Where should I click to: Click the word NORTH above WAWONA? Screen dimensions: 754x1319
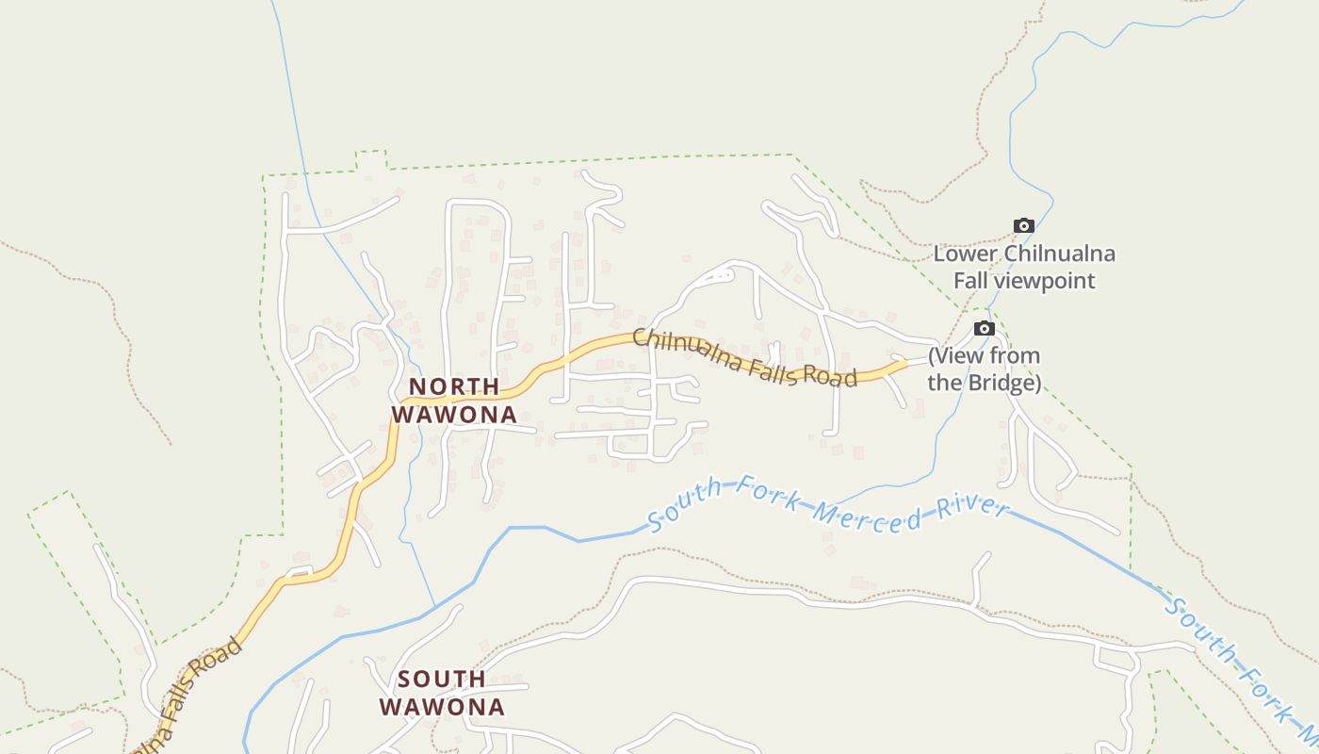(454, 386)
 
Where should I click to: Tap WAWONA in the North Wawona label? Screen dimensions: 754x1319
(454, 414)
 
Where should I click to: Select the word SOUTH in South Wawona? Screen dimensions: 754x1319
(441, 679)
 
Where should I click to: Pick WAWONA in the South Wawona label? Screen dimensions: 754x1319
(442, 706)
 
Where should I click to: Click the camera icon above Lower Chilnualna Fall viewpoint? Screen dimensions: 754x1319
(1023, 225)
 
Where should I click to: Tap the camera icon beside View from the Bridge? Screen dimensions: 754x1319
(984, 328)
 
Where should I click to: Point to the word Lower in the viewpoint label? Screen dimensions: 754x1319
(967, 254)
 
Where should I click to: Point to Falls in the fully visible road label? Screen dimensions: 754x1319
(770, 370)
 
